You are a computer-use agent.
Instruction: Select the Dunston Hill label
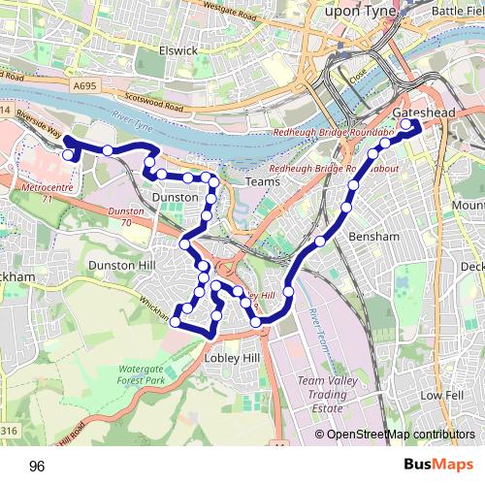tap(121, 264)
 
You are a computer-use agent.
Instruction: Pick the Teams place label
tap(263, 181)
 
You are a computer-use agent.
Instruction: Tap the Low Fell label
tap(442, 396)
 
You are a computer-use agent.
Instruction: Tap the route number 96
tap(37, 467)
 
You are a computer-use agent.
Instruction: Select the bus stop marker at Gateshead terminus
tap(405, 124)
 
